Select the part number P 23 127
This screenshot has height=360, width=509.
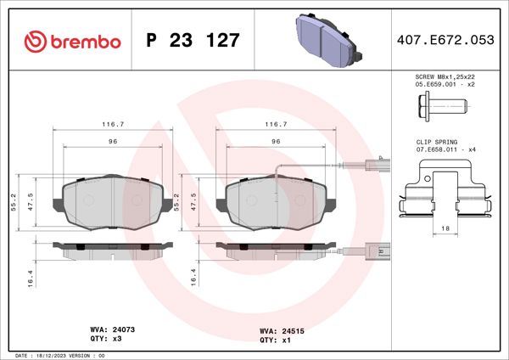pyautogui.click(x=193, y=41)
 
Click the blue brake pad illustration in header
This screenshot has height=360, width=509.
pyautogui.click(x=327, y=37)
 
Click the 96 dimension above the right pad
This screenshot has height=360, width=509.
pyautogui.click(x=276, y=141)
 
